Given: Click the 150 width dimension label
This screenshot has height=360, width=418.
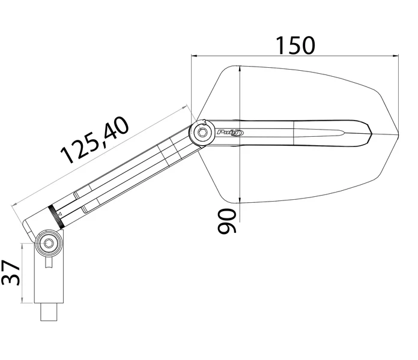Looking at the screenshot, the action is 295,46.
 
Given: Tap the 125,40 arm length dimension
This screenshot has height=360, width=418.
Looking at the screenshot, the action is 95,140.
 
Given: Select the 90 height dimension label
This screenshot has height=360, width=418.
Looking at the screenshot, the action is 227,221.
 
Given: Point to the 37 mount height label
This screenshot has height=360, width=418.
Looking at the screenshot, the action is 11,272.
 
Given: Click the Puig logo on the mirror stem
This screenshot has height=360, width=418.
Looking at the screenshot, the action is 230,133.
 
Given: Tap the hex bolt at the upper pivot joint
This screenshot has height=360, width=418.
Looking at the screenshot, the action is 202,132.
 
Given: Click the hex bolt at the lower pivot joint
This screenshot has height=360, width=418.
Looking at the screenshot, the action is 49,243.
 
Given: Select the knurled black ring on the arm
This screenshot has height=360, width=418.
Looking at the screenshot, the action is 56,217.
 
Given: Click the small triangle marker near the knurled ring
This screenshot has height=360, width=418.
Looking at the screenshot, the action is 60,214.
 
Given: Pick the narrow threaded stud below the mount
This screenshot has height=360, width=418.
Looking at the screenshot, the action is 49,312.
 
